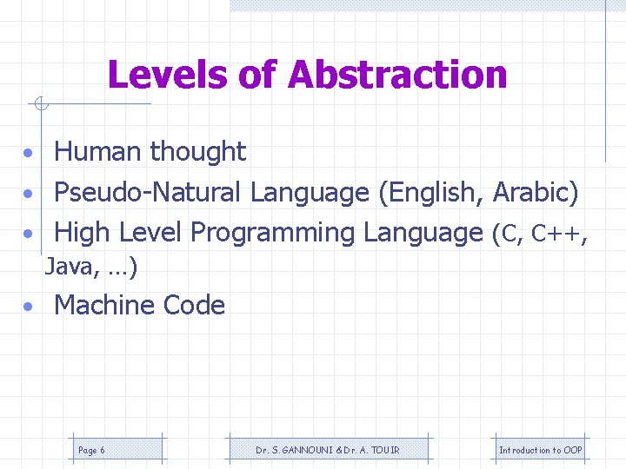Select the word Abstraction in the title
click(397, 76)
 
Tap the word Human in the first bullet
click(97, 152)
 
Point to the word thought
click(197, 152)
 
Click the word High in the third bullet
click(83, 233)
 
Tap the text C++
click(560, 233)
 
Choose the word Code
click(199, 306)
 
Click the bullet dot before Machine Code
click(30, 307)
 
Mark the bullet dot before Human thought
click(30, 154)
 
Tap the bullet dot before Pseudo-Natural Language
click(30, 194)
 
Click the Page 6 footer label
click(91, 450)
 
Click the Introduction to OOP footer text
click(540, 450)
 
